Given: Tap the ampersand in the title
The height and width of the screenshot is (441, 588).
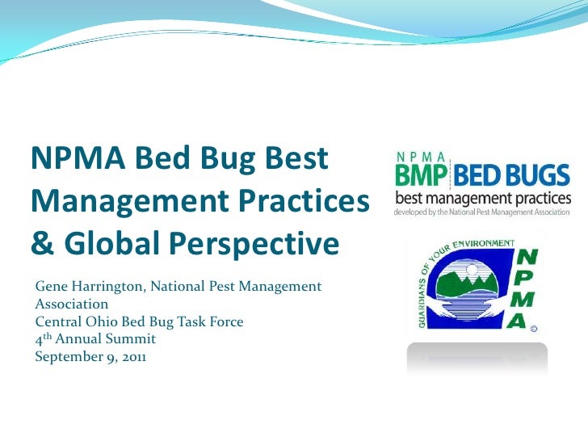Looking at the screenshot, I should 42,242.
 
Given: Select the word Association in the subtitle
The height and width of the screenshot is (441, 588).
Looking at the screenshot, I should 71,304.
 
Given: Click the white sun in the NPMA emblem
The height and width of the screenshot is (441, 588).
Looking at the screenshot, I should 472,268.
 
